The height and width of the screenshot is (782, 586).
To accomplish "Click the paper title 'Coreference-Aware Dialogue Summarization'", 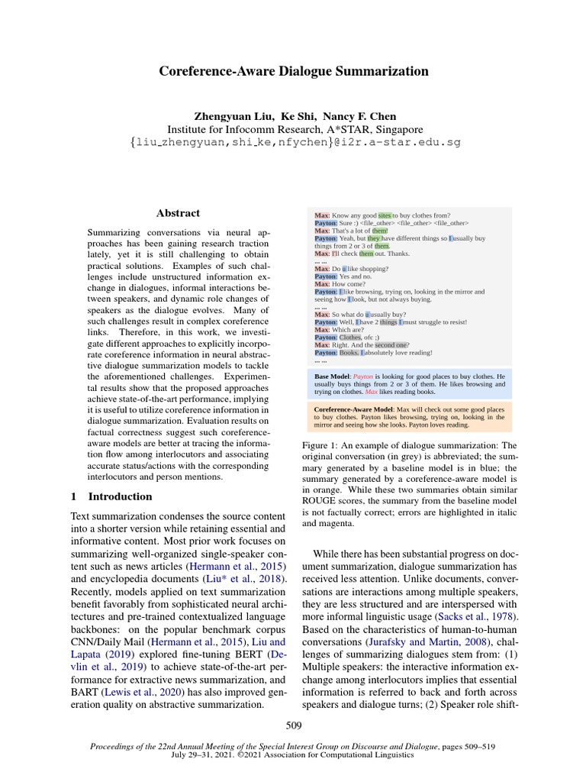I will click(293, 71).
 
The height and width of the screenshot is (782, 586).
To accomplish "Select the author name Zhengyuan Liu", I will click(227, 116).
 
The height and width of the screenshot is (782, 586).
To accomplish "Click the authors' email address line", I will click(295, 143).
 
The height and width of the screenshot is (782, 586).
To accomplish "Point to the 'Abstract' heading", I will click(178, 214).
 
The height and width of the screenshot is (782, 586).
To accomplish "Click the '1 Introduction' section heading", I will click(111, 496).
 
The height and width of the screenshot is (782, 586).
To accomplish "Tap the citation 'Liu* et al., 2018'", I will click(244, 579).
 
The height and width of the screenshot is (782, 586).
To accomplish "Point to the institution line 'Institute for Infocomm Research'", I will click(295, 130).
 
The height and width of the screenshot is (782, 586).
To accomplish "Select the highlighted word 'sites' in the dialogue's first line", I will click(385, 215).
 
